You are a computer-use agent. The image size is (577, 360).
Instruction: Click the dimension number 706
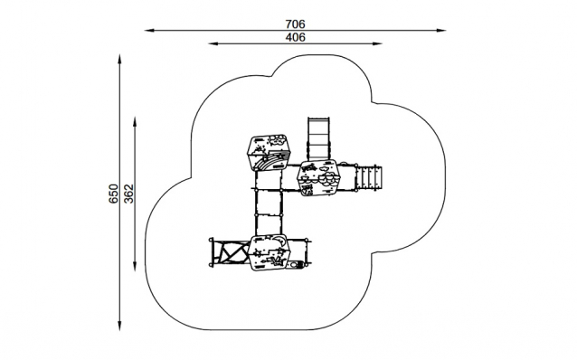295,24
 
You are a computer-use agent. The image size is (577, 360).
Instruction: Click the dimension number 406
295,38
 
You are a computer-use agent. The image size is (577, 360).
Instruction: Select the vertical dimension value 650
113,194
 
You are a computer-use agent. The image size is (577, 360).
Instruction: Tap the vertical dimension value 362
128,194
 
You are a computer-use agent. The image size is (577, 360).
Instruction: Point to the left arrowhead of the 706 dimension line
149,31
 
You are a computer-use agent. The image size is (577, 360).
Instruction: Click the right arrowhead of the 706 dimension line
441,31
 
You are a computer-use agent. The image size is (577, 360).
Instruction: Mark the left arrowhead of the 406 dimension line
213,43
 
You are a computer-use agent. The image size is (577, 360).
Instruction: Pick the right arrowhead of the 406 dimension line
377,43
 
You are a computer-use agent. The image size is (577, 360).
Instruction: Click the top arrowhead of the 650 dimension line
119,60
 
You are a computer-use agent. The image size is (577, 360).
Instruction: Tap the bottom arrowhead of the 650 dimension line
119,326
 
